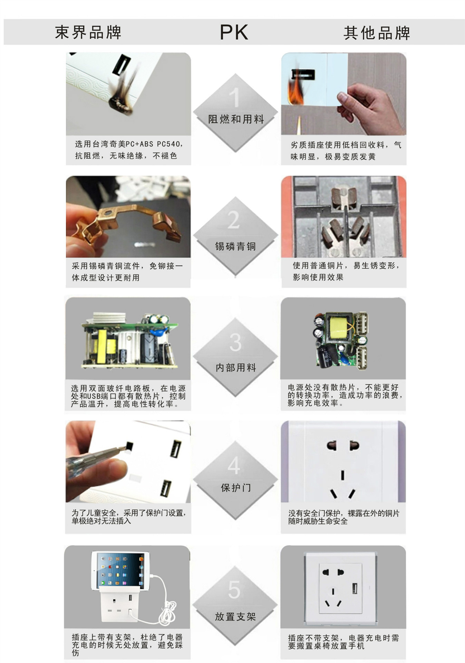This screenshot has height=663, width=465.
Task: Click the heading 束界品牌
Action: pos(88,32)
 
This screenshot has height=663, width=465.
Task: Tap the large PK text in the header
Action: pos(234,32)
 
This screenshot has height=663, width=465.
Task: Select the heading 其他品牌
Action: pos(377,33)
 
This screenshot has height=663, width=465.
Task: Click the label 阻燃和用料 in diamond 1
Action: pos(236,119)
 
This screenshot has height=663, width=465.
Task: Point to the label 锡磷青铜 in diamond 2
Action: pos(235,246)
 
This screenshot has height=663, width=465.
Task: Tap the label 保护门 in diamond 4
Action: pos(236,488)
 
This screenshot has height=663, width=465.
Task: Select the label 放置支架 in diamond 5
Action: pos(235,617)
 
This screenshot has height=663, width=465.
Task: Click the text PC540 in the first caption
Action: pos(168,144)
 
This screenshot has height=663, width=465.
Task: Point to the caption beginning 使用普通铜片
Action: pos(345,271)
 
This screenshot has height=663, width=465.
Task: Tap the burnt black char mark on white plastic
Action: pos(121,104)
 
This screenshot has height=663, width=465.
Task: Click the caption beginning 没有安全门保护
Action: pos(343,517)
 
